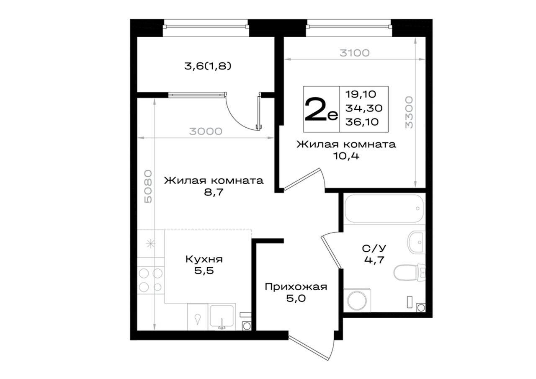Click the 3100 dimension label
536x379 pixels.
tap(355, 53)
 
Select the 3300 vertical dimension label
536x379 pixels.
tap(409, 113)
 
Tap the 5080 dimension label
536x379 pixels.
tap(148, 186)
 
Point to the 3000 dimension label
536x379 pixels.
tap(206, 131)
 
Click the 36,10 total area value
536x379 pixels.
tap(362, 122)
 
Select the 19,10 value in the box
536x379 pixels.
tap(361, 94)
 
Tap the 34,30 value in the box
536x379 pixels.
tap(364, 108)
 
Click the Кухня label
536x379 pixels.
tap(204, 259)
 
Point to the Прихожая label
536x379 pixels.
tap(296, 287)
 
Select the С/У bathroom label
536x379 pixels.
tap(374, 249)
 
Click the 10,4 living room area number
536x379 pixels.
tap(346, 156)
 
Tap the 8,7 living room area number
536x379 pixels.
tap(214, 192)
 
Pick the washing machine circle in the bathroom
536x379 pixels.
tap(357, 301)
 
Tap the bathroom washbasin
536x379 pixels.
tap(416, 242)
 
